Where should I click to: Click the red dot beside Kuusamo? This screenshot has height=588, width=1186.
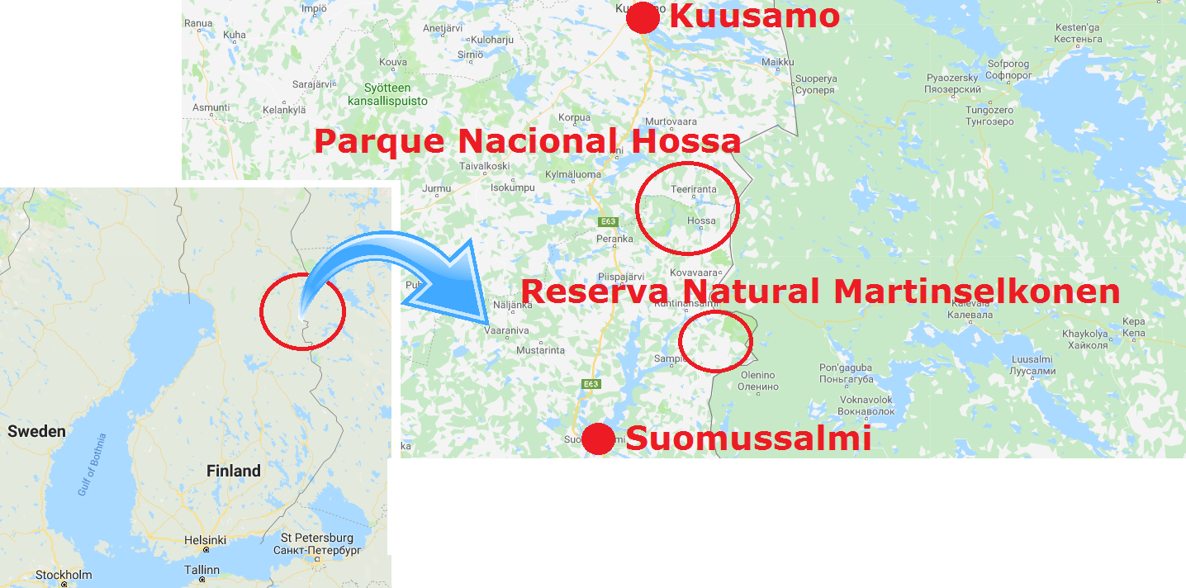(643, 17)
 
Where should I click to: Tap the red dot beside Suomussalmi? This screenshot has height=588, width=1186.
(598, 439)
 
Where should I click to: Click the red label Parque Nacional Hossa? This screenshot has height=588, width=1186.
(527, 141)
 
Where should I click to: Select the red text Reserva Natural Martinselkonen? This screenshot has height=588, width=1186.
(819, 292)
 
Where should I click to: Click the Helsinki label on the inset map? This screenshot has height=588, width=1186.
(205, 540)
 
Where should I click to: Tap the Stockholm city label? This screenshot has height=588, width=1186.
(64, 575)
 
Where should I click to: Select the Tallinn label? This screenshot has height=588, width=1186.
(202, 570)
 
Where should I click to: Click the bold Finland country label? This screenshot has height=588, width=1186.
(234, 471)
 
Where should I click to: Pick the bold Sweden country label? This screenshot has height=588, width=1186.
(36, 431)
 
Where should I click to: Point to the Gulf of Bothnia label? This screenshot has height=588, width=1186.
(93, 464)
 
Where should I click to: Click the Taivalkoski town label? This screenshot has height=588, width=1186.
(485, 165)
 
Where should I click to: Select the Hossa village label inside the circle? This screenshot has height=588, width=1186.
(701, 220)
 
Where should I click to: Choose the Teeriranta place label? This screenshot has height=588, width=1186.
(694, 189)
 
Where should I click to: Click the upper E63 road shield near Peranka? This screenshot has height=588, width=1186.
(609, 221)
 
